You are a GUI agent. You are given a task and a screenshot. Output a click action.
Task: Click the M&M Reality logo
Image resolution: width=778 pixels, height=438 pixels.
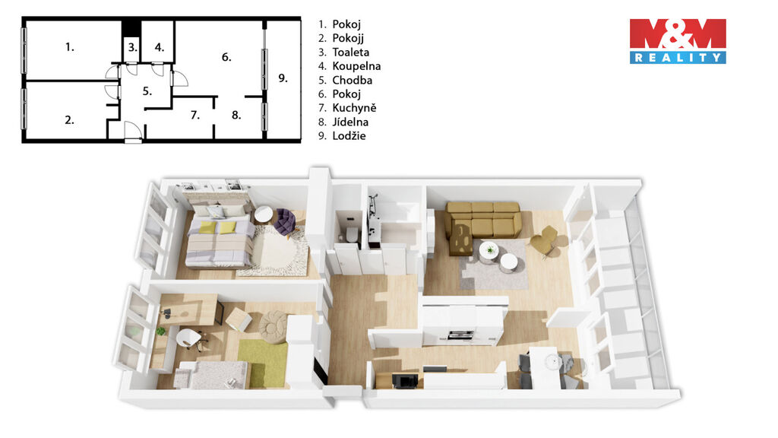678,41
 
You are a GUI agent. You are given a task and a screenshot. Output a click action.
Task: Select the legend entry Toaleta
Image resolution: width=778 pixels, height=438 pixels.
350,52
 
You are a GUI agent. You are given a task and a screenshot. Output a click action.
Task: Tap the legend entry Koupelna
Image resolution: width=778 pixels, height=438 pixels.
356,66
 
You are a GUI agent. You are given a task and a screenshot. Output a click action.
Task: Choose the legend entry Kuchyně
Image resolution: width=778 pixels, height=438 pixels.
354,108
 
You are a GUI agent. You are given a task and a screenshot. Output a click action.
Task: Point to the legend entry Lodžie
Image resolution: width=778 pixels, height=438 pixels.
349,135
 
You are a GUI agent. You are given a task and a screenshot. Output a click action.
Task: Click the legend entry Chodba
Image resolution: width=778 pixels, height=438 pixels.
353,80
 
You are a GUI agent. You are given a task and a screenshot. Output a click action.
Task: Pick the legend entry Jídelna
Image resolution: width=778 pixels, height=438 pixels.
350,122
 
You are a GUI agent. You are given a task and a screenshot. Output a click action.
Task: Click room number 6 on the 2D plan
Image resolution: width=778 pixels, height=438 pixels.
226,57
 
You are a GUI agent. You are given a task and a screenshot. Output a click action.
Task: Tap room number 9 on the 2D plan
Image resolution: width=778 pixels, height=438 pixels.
283,78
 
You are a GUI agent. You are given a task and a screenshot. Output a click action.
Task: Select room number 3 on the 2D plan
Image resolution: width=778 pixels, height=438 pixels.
132,47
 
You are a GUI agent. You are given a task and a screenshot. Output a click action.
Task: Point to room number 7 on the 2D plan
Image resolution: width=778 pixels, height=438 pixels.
195,116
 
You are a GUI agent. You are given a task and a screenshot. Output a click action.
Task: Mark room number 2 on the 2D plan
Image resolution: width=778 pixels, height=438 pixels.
69,119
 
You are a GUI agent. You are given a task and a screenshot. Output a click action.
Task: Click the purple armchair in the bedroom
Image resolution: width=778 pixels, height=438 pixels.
285,221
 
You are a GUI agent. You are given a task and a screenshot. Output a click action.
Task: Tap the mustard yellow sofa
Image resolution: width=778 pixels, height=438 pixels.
482,222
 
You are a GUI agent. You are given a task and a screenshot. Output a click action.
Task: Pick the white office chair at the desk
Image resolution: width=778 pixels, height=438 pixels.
190,340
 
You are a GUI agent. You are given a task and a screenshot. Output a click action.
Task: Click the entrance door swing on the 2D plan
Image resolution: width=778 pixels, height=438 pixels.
133,131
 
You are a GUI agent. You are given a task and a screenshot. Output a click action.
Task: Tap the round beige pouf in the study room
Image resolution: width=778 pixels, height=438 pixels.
273,326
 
